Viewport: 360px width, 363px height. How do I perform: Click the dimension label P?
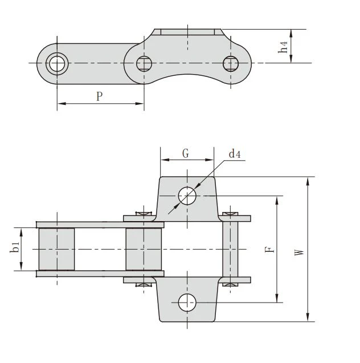100,96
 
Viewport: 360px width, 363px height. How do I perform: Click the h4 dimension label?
283,47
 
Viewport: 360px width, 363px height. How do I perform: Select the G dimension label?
186,153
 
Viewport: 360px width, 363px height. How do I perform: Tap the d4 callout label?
235,154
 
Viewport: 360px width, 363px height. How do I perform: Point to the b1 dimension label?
15,247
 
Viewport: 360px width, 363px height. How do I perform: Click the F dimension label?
269,250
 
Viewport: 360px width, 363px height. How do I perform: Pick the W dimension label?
299,252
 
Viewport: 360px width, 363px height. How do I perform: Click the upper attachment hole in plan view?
187,196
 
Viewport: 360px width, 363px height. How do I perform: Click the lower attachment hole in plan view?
187,303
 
